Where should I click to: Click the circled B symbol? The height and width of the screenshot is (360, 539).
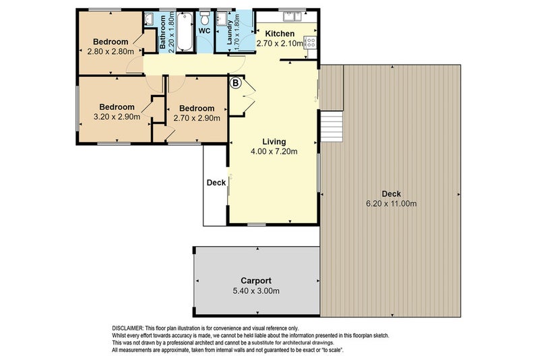(236, 83)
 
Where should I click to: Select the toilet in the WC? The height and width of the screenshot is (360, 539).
(205, 18)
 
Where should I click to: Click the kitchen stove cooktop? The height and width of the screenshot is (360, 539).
(310, 42)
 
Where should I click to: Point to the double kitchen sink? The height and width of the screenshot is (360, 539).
(292, 16)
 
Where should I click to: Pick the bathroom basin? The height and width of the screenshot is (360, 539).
(149, 19)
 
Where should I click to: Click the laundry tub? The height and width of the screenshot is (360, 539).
(221, 18)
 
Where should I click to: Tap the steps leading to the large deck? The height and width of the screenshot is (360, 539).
(331, 126)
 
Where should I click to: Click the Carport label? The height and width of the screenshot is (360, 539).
(256, 280)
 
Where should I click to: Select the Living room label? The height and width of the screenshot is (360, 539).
(274, 142)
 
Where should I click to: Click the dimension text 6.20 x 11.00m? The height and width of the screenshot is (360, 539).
(391, 203)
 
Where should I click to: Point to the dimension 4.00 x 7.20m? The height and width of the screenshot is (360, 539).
(274, 151)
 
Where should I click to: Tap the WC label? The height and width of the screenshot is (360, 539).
(205, 30)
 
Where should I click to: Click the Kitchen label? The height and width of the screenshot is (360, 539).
(280, 33)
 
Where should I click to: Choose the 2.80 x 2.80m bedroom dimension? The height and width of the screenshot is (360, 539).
(110, 52)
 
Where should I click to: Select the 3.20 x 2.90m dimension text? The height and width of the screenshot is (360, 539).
(117, 117)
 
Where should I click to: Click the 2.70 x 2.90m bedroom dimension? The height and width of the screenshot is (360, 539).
(197, 118)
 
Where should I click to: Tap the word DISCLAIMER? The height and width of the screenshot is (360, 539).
(128, 328)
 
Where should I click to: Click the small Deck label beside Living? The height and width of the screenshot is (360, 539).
(216, 183)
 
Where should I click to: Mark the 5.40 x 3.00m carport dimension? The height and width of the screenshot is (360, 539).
(256, 291)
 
